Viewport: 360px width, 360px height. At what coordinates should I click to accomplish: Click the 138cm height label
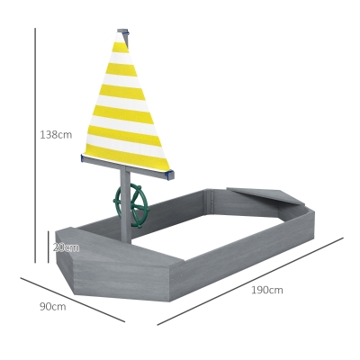(x=56, y=135)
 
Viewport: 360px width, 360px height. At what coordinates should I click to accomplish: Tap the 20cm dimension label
(x=66, y=247)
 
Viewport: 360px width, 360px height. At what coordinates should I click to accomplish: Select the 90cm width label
(x=53, y=307)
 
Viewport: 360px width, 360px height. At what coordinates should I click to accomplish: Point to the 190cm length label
(x=267, y=290)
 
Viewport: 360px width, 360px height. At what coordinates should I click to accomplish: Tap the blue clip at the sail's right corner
(x=171, y=175)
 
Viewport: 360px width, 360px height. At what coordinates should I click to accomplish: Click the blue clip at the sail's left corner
(x=82, y=158)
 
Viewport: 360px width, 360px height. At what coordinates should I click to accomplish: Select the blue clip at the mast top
(x=127, y=31)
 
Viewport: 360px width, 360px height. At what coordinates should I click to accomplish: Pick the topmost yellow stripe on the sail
(x=121, y=47)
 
